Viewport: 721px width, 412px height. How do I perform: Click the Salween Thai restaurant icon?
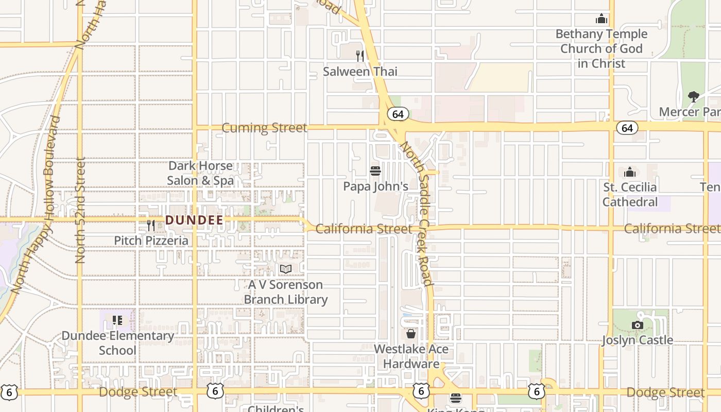coord(360,56)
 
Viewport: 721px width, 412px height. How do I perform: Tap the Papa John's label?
coord(375,186)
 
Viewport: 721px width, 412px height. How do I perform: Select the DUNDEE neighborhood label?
coord(194,220)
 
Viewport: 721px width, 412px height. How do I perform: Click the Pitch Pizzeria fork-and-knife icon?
coord(151,225)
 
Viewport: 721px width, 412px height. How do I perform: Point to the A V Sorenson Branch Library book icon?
coord(286,269)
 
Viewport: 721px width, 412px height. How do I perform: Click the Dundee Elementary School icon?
coord(117,320)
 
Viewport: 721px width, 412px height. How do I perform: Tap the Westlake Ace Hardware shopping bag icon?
coord(411,334)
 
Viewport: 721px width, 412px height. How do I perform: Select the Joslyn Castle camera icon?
coord(638,325)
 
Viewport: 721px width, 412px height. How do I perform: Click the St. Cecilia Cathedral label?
coord(630,194)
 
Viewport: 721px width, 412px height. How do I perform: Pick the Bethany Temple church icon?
coord(601,20)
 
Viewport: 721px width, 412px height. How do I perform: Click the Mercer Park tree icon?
coord(694,96)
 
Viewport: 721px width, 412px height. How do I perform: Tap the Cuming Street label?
coord(264,128)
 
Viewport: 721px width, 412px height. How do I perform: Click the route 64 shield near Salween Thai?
coord(398,114)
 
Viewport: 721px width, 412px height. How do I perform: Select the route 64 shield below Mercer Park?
coord(627,128)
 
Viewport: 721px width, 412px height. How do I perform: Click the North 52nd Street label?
coord(80,210)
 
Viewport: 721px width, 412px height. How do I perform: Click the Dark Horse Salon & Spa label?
coord(200,173)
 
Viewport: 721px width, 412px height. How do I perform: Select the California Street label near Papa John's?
coord(364,229)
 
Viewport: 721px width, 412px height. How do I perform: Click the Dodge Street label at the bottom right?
coord(665,392)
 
